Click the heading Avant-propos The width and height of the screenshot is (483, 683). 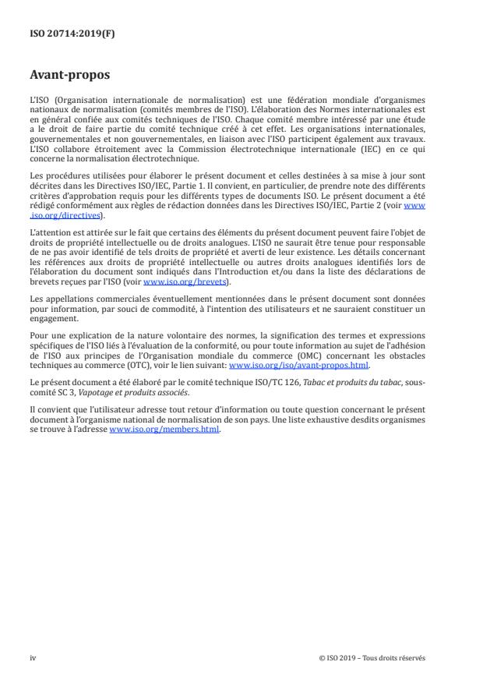tap(69, 76)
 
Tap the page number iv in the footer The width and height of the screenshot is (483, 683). tap(33, 657)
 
